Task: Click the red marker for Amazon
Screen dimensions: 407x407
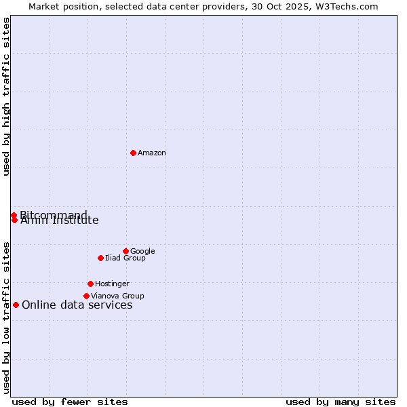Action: tap(133, 153)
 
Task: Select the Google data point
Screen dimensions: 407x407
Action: tap(125, 251)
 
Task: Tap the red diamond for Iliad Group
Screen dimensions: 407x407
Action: tap(100, 258)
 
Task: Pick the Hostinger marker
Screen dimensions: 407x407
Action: tap(90, 284)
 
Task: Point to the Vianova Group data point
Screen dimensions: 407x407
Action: tap(86, 296)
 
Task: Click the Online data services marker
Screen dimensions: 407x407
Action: tap(16, 305)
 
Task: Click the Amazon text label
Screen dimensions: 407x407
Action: tap(152, 153)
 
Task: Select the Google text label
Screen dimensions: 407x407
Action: tap(142, 252)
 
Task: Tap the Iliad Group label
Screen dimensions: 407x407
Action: tap(125, 258)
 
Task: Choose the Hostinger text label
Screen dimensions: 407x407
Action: tap(112, 284)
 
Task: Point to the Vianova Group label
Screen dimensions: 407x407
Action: tap(117, 296)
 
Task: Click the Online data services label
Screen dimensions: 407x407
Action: tap(77, 305)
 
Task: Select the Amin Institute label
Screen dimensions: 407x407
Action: tap(60, 221)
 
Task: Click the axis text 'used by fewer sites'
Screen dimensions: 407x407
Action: tap(70, 402)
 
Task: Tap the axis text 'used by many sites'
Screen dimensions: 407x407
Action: tap(341, 402)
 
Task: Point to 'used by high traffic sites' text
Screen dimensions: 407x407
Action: tap(6, 96)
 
